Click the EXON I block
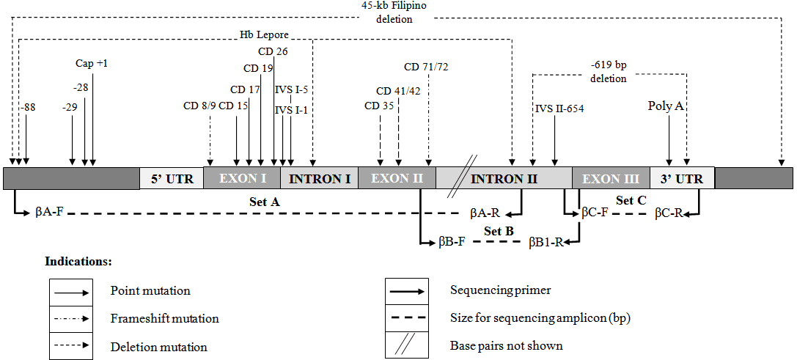241,179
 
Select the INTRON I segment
319,179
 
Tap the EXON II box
397,179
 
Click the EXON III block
611,179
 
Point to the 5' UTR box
171,179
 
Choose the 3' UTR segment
681,179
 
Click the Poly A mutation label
666,106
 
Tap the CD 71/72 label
426,67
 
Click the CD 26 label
273,51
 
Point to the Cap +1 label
92,64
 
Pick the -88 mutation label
28,107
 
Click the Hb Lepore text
264,34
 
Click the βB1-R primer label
547,241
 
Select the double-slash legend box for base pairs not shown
411,345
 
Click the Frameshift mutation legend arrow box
71,319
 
